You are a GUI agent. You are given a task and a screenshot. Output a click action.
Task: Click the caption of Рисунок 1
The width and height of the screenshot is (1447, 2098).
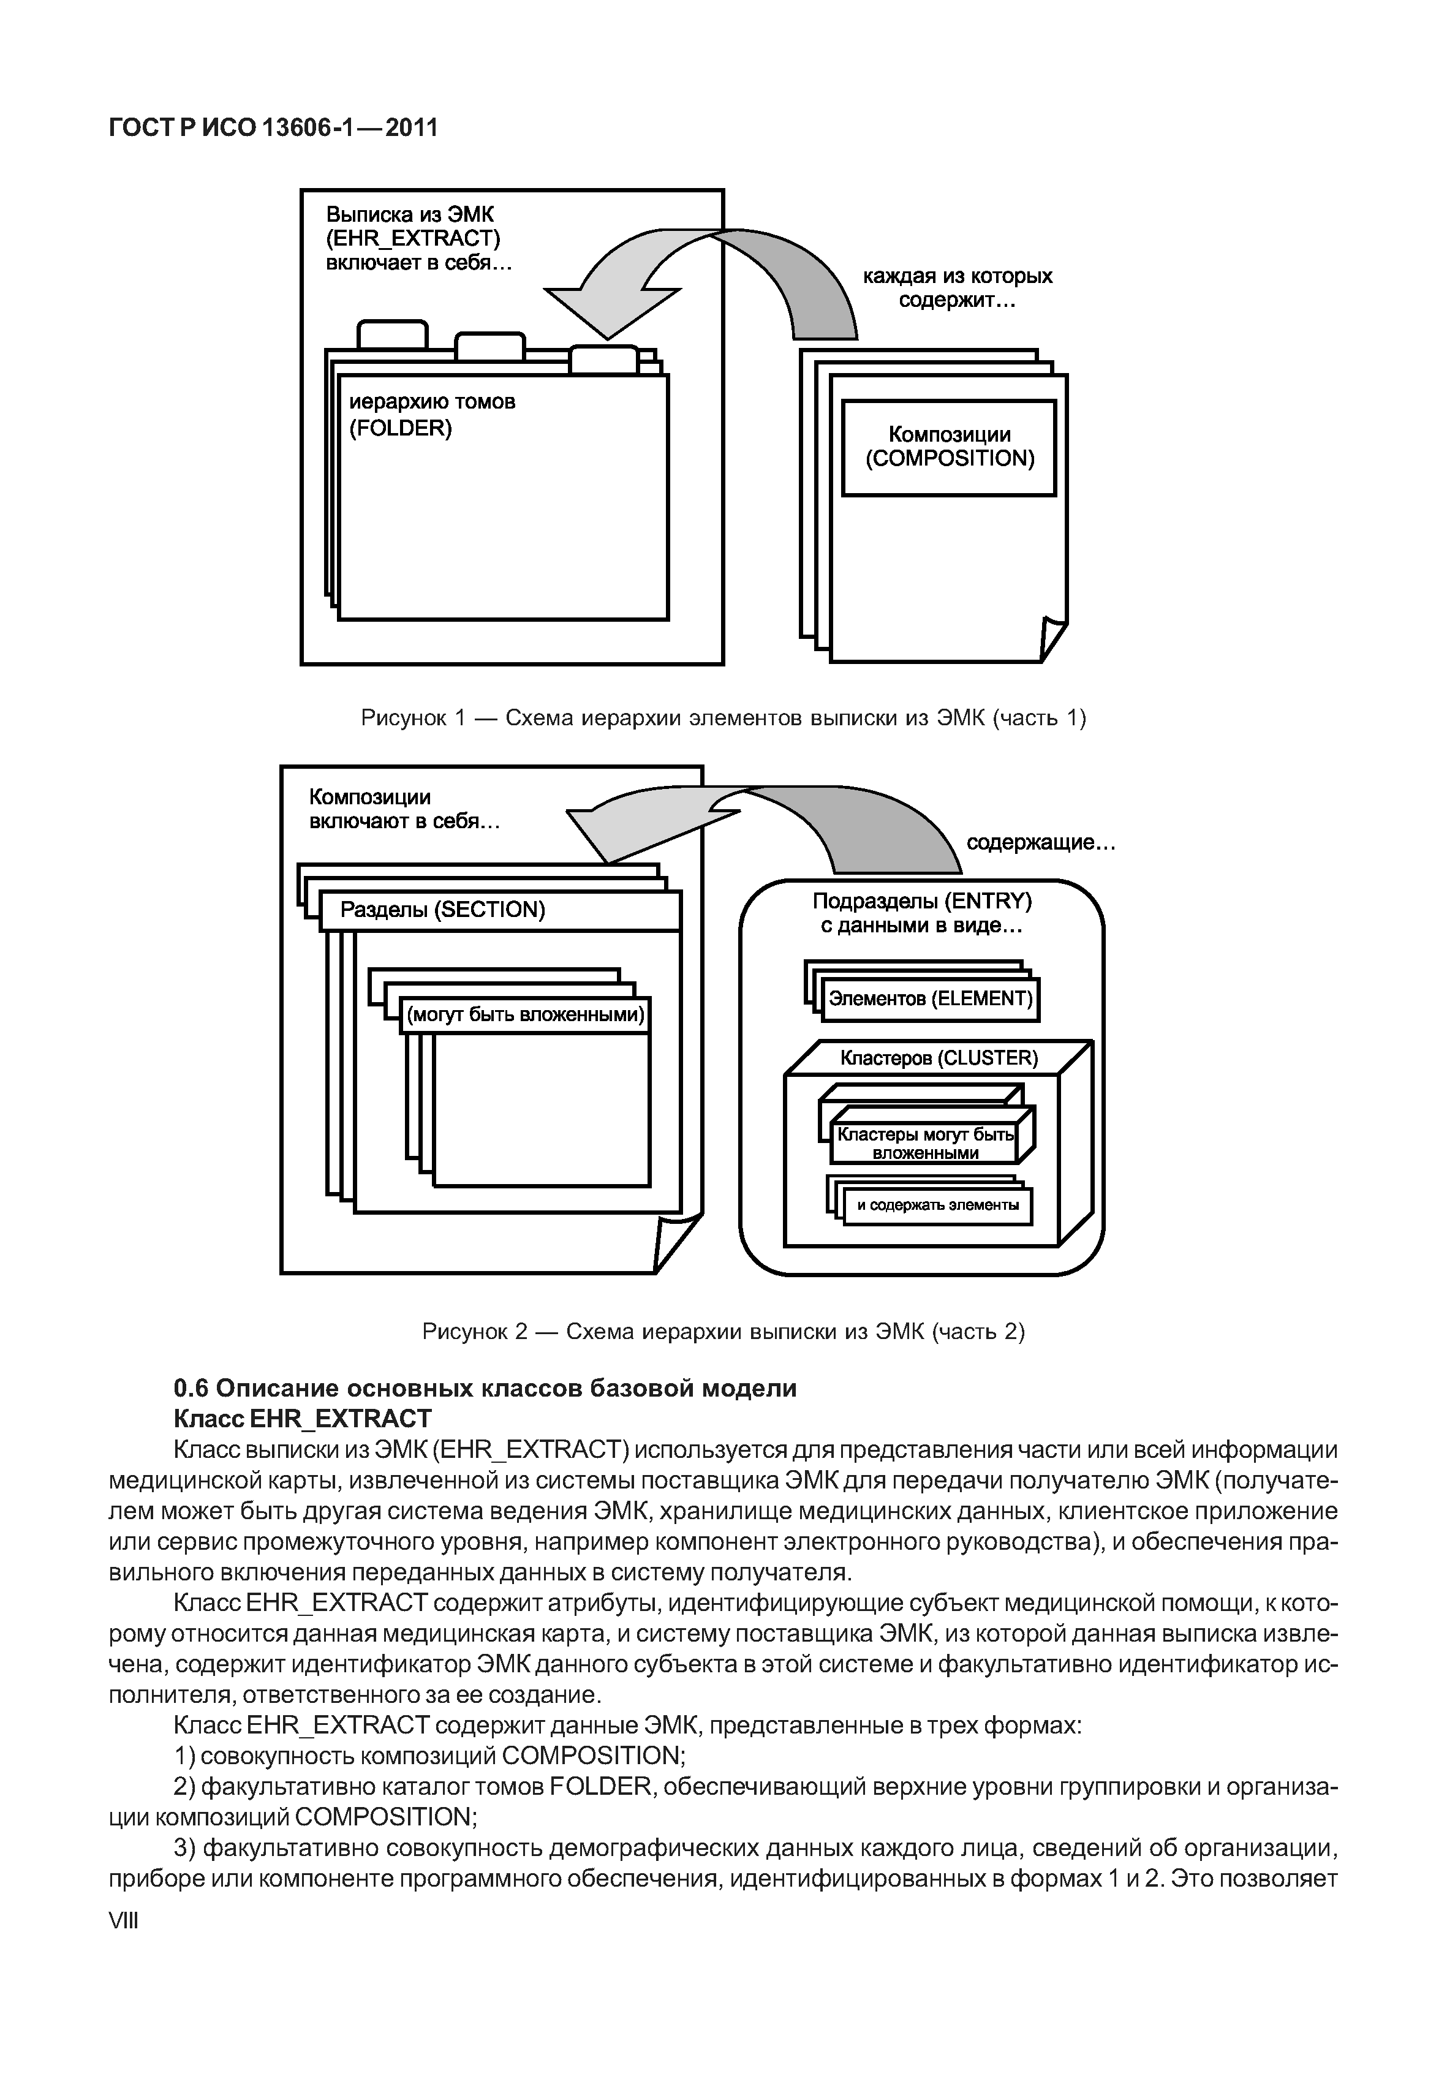(x=723, y=718)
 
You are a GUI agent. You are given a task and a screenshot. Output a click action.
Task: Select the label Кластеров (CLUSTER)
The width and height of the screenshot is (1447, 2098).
(x=939, y=1058)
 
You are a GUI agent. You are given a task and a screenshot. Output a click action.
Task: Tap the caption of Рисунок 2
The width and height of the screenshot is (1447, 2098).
(x=723, y=1332)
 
